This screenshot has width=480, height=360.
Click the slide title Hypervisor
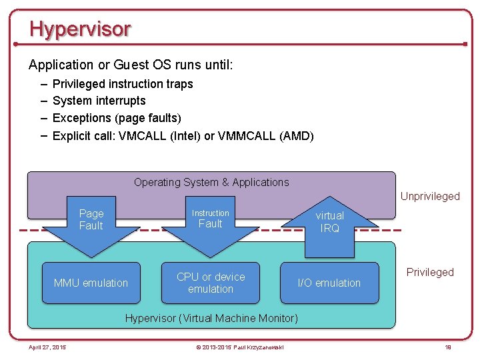click(80, 29)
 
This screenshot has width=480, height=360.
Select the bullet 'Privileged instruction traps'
click(123, 84)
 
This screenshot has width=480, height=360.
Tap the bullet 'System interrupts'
click(99, 101)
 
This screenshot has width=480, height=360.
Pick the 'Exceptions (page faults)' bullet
click(117, 118)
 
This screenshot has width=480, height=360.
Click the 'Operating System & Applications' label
click(211, 182)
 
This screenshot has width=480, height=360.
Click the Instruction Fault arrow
click(211, 223)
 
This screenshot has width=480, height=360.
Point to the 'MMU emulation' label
click(91, 283)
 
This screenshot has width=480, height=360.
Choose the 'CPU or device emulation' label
click(211, 283)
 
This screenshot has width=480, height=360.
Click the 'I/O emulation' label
click(329, 283)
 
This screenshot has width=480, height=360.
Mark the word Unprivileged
click(430, 196)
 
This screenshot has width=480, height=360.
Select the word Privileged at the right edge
click(430, 272)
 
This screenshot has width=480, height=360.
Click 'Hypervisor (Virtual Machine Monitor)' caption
click(211, 318)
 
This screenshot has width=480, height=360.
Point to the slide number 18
click(448, 347)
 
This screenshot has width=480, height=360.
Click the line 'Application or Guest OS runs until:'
click(131, 65)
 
